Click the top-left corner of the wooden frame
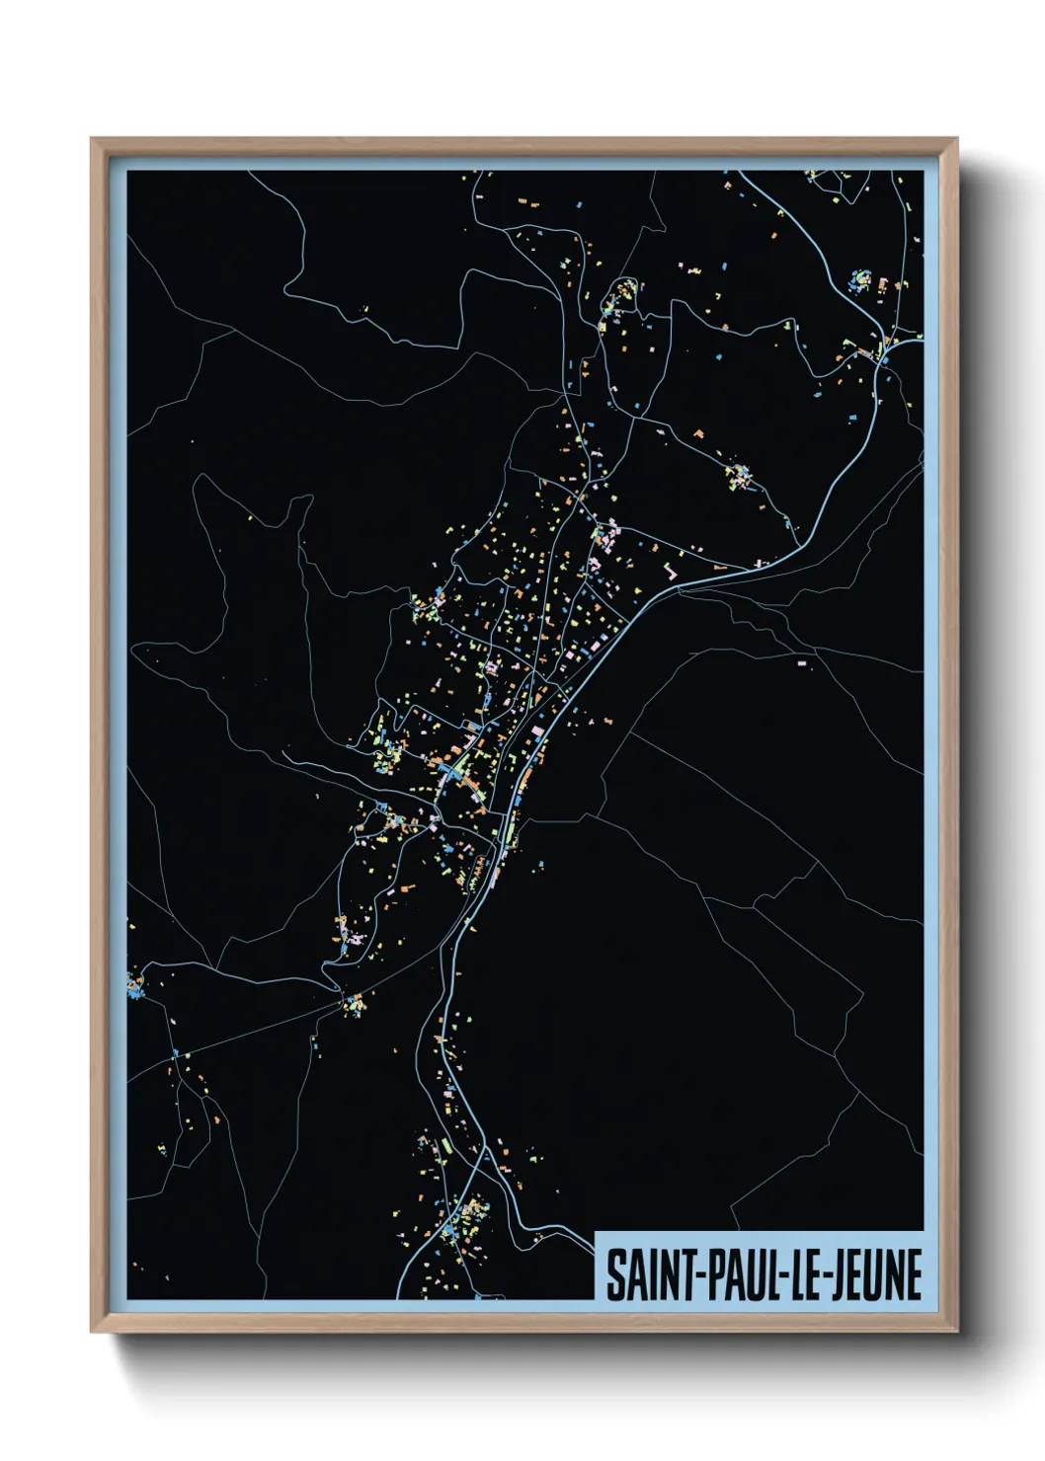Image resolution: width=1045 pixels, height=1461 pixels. point(92,139)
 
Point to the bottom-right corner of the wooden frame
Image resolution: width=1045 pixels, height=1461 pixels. point(956,1331)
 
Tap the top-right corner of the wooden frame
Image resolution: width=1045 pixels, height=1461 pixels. point(956,139)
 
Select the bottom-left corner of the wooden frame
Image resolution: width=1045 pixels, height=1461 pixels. point(92,1331)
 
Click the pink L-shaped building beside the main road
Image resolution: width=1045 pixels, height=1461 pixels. point(674,570)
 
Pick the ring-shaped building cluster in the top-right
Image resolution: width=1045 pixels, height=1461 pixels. point(858,280)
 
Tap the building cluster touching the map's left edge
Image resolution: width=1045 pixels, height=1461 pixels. point(134,984)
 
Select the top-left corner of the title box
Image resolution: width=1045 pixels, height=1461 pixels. point(596,1232)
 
